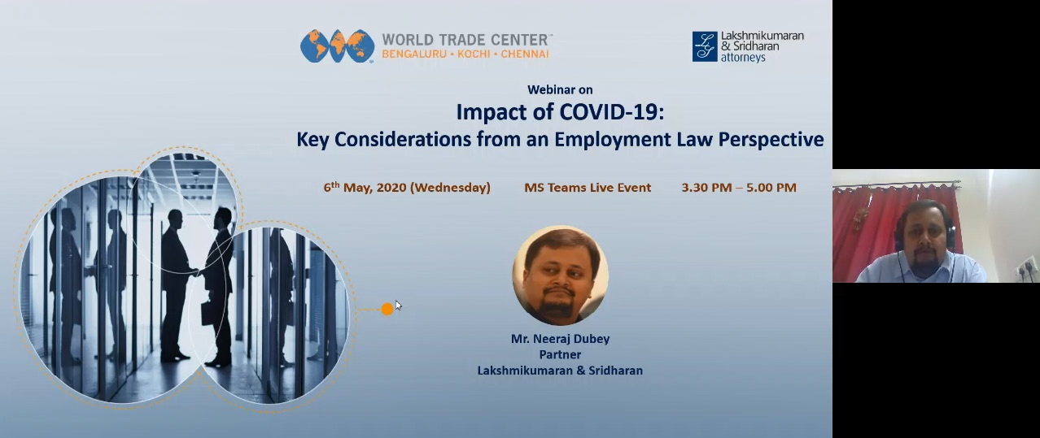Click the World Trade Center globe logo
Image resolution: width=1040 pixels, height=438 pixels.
[337, 46]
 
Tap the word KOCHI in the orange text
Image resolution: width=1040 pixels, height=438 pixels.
[474, 54]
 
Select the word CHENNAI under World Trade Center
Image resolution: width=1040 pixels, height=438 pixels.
[525, 54]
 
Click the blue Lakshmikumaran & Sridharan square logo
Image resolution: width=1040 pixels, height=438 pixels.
[705, 46]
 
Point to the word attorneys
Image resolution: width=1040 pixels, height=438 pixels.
[743, 58]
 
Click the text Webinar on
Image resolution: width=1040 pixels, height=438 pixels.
[560, 89]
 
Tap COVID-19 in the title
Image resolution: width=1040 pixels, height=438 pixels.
[611, 112]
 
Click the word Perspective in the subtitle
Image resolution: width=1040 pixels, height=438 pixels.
[771, 140]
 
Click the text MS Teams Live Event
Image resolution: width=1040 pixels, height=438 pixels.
[588, 188]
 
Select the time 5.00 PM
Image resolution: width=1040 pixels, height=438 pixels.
[771, 188]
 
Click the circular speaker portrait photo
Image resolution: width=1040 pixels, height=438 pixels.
[560, 275]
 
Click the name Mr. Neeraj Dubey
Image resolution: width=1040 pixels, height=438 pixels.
[560, 339]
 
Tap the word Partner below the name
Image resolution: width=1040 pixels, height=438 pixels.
[560, 354]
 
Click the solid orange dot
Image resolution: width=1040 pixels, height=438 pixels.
[387, 309]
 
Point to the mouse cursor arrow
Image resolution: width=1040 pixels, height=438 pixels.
[398, 305]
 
